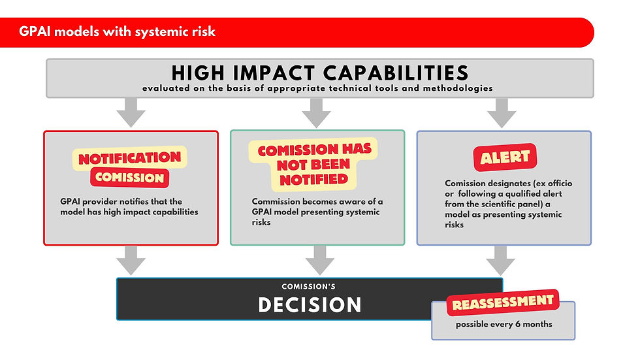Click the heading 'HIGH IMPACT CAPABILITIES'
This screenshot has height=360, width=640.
click(x=319, y=73)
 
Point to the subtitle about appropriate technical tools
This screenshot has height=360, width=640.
click(x=319, y=88)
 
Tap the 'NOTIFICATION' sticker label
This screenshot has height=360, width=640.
click(x=130, y=157)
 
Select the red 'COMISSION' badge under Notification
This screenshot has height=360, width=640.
click(x=130, y=177)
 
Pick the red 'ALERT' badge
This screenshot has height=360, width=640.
click(x=504, y=157)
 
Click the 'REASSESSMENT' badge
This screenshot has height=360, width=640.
click(x=503, y=303)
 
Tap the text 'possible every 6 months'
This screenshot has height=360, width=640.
click(x=504, y=324)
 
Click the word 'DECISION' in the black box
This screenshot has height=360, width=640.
click(x=310, y=305)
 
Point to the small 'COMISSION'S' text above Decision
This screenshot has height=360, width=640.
click(x=310, y=287)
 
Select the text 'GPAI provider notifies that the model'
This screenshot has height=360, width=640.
click(x=129, y=206)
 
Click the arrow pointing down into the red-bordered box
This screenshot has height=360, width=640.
click(x=131, y=113)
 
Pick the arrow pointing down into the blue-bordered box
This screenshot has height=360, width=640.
click(x=502, y=113)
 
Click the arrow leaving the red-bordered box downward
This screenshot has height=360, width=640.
click(x=131, y=260)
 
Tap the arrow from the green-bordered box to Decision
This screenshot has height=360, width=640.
click(x=319, y=260)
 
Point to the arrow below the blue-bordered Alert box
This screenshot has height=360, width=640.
click(x=501, y=260)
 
